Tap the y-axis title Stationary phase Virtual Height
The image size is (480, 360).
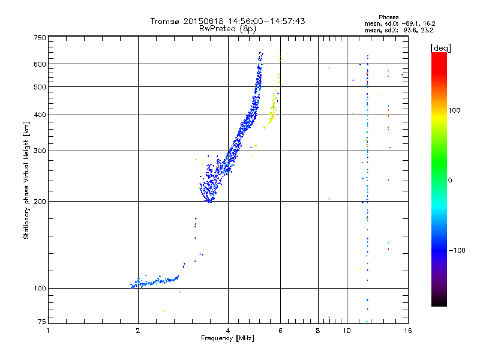point(26,179)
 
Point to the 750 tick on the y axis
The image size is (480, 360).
point(40,38)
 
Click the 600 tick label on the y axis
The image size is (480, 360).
point(40,64)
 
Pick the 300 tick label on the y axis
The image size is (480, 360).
point(40,151)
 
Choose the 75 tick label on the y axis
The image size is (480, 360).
point(41,322)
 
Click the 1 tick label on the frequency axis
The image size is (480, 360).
point(49,331)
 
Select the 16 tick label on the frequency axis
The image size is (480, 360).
point(407,331)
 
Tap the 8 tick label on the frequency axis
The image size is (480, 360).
point(318,331)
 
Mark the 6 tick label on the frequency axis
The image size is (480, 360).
point(281,331)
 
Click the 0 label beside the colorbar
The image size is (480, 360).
point(450,181)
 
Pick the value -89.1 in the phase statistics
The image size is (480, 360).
point(407,23)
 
